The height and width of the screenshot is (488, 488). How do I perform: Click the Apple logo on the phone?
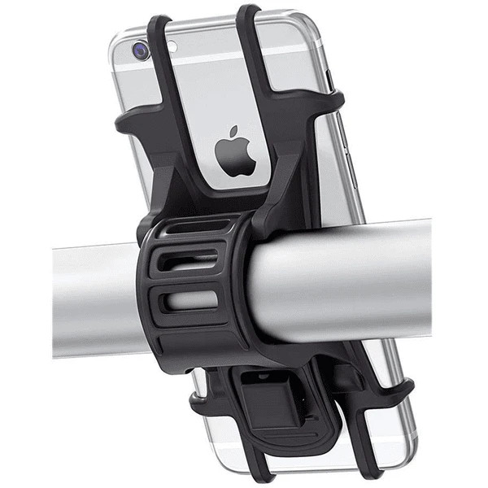coord(236,153)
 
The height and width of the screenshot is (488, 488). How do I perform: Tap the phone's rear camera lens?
coord(142,50)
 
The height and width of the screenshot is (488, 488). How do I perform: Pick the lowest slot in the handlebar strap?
coord(192,300)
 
